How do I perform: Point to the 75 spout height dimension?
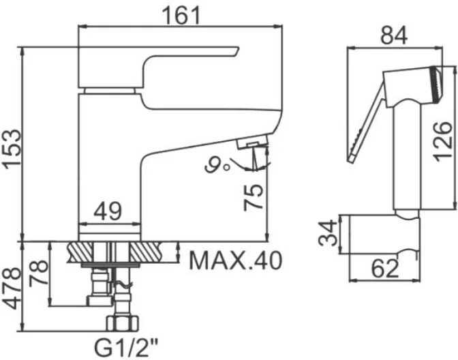tap(253, 198)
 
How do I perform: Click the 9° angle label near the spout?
tap(218, 163)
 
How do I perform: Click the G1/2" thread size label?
tap(126, 347)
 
